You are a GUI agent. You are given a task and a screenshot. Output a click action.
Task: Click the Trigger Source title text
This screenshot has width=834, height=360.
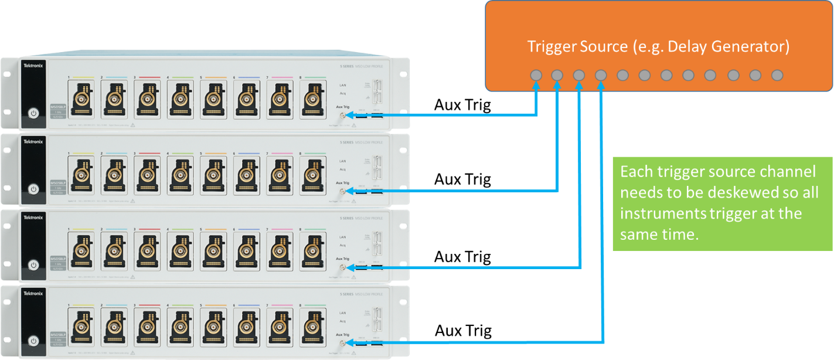tap(658, 46)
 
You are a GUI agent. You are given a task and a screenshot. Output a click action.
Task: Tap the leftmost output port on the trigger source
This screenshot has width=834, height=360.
tap(535, 76)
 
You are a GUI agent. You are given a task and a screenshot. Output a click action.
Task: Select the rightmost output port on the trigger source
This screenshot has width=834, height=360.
tap(777, 76)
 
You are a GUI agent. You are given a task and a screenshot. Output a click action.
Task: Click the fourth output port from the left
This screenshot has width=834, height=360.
tap(601, 76)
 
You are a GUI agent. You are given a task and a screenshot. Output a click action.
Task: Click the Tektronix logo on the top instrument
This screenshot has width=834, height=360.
tap(33, 65)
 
